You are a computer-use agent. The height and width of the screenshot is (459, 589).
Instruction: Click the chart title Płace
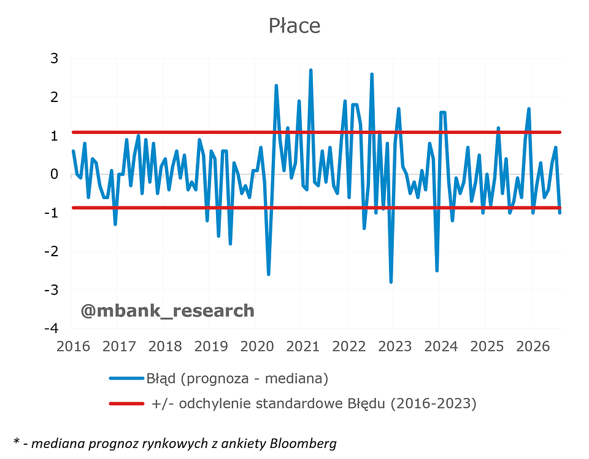pos(294,26)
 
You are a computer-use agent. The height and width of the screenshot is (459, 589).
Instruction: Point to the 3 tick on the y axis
pos(55,59)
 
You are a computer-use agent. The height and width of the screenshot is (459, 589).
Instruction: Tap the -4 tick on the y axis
pos(52,328)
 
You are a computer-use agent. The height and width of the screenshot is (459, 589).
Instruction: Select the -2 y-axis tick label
pos(52,251)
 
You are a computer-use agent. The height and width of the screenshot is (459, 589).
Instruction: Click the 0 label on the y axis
pos(55,174)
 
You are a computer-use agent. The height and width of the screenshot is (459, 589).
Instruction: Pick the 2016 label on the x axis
pos(73,346)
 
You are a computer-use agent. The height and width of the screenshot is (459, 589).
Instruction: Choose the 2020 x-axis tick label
pos(257,346)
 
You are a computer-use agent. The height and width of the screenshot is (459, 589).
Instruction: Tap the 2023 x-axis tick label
pos(395,346)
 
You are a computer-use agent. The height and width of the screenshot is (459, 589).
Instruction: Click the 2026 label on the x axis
pos(533,346)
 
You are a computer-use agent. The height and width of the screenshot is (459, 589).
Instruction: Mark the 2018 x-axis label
pos(165,346)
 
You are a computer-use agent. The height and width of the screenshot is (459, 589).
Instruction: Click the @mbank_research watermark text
pos(167,311)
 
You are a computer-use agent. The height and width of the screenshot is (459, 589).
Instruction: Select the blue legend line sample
pos(126,378)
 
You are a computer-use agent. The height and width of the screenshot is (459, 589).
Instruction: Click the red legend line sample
pos(126,404)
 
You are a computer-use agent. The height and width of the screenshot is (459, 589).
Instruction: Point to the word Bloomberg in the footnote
pos(303,444)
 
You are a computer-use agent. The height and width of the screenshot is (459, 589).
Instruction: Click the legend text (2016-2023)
pos(434,404)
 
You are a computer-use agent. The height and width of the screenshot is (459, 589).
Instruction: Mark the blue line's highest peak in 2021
pos(310,70)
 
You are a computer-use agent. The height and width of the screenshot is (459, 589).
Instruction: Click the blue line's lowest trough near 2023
pos(391,282)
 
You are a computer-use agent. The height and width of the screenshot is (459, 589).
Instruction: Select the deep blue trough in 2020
pos(269,274)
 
